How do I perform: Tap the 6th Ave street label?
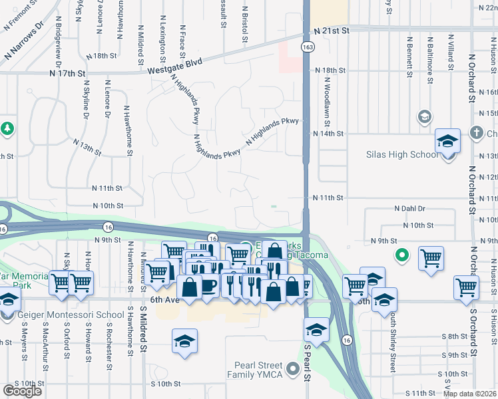click(x=165, y=300)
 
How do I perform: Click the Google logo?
click(x=22, y=391)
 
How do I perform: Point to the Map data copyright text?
click(x=470, y=394)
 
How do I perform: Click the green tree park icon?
click(x=7, y=127)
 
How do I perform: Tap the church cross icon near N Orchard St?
click(x=477, y=133)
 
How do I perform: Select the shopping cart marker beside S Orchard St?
click(x=466, y=288)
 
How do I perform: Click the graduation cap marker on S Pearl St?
click(x=316, y=331)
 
